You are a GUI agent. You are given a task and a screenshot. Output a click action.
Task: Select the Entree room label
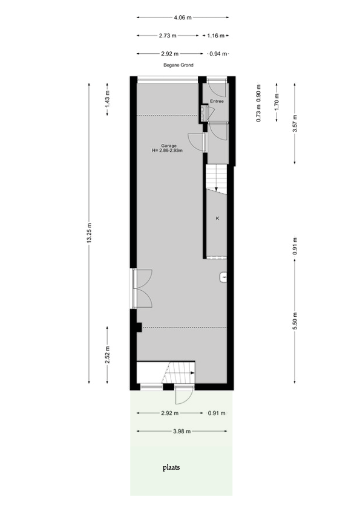pos(217,101)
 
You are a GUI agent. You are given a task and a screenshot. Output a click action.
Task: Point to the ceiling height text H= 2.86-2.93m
pos(168,151)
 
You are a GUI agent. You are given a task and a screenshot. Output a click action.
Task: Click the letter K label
pos(217,218)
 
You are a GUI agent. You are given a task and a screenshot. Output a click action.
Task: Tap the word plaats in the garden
pos(171,467)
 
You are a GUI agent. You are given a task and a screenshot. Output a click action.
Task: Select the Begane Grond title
pos(177,65)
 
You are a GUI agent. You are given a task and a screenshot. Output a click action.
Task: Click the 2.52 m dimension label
pos(108,354)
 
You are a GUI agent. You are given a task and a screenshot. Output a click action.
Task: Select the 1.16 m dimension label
pos(215,36)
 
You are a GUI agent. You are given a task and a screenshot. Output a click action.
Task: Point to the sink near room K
pos(224,277)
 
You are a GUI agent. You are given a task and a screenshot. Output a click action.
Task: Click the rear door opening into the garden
pos(183,395)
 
